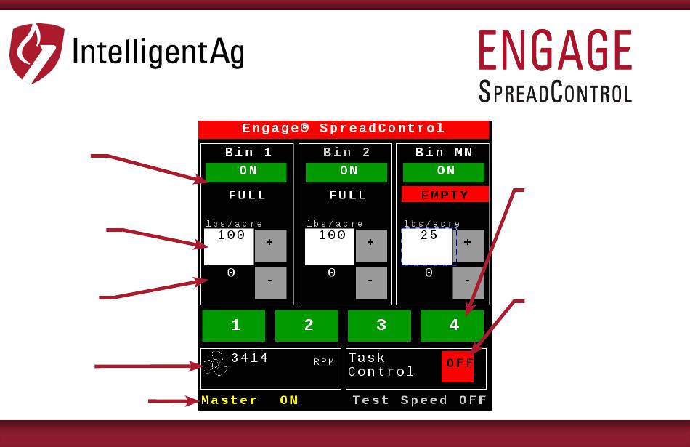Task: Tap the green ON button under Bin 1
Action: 246,172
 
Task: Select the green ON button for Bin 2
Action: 346,172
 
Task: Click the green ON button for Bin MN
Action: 444,172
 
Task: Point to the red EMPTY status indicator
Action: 445,194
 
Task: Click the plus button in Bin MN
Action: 468,245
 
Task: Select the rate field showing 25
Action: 427,246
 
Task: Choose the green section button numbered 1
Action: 234,326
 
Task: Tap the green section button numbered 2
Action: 307,326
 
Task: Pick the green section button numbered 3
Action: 379,326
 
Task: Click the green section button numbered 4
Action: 452,326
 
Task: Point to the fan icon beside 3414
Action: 215,363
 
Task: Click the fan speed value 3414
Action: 250,358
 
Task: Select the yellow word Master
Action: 230,400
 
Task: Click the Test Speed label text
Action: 399,400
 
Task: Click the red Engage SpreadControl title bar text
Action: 344,128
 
